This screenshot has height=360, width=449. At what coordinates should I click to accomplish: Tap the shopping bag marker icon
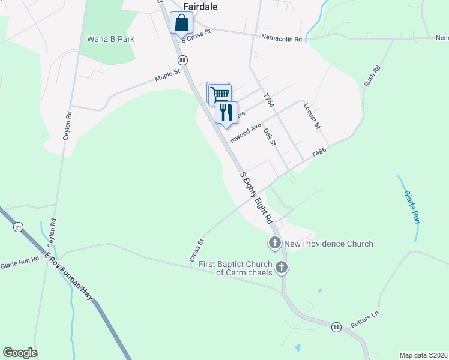181,23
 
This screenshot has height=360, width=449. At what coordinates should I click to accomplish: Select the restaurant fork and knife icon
226,112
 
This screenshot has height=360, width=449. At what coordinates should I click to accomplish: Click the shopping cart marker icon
220,94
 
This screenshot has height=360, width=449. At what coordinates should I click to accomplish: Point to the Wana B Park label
110,39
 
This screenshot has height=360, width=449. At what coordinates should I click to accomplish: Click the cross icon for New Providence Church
274,243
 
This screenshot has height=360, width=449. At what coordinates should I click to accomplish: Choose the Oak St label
270,137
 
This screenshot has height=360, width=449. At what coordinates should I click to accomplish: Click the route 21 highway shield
19,227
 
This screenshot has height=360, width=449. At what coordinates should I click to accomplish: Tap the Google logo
20,353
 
